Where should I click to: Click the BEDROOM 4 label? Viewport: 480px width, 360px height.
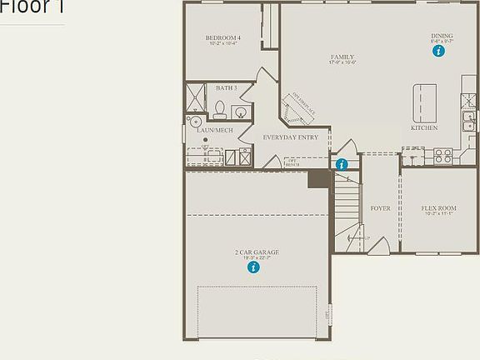click(223, 38)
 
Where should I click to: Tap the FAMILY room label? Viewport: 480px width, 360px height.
click(342, 57)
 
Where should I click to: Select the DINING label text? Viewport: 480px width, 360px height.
click(442, 36)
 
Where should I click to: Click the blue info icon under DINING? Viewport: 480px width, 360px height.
click(438, 51)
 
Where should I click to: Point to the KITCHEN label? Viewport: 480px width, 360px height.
click(423, 128)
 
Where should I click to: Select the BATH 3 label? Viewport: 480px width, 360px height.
click(226, 87)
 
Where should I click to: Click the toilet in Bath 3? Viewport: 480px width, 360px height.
click(221, 108)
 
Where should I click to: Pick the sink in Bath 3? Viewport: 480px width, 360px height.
click(241, 112)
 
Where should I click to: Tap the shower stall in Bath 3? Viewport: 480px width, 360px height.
click(195, 96)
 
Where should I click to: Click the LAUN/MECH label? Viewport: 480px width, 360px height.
click(209, 131)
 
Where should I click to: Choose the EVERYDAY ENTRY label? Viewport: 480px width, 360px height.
click(290, 137)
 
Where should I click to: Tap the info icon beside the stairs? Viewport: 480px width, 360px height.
click(342, 164)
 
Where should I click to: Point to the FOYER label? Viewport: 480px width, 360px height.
click(380, 208)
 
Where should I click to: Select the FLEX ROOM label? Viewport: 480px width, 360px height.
click(438, 208)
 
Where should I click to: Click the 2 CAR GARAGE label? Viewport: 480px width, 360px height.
click(256, 252)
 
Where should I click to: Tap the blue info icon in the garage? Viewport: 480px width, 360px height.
click(253, 267)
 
